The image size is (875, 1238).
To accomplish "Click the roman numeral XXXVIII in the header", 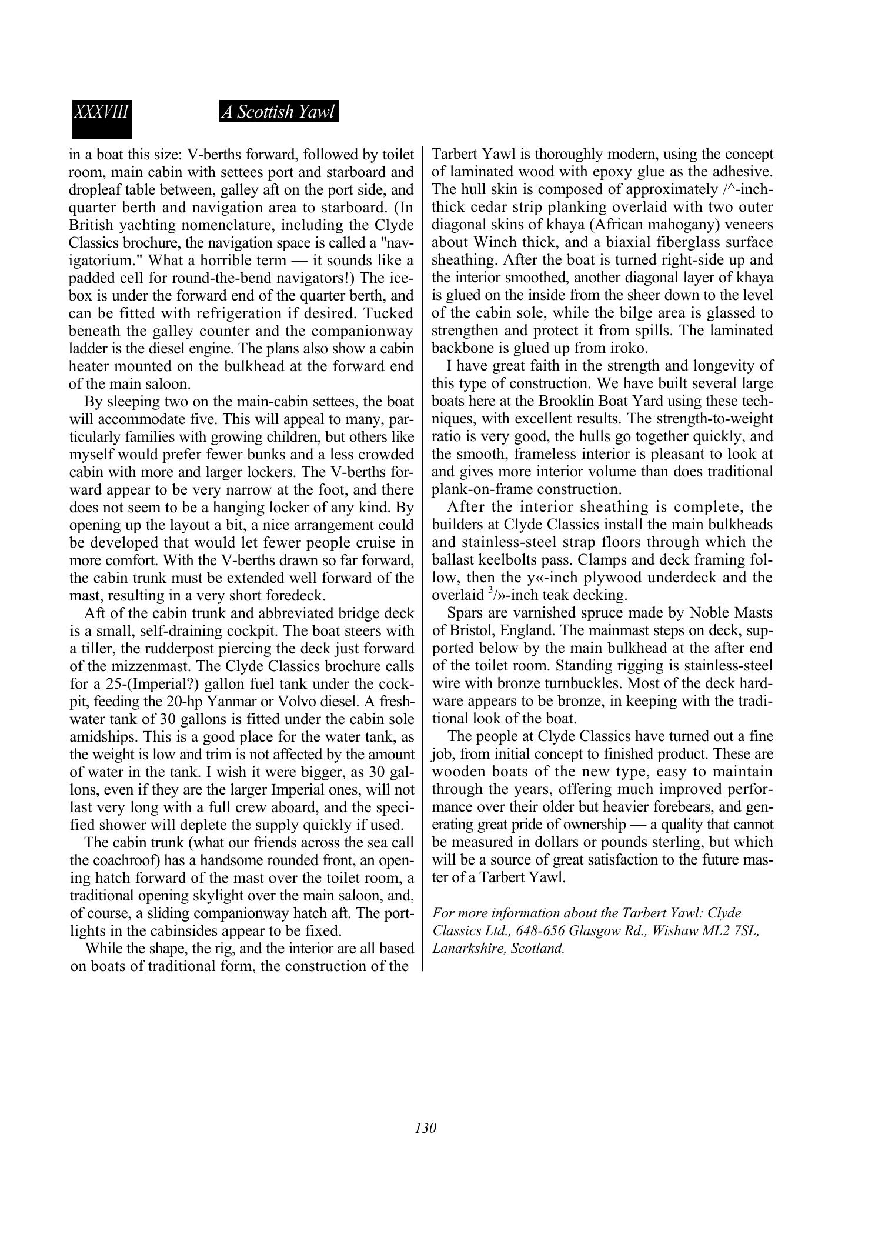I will coord(101,112).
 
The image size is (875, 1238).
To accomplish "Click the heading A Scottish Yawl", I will coord(279,112).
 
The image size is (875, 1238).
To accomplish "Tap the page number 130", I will coord(425,1128).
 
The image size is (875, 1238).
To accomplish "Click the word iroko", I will coord(629,348).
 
